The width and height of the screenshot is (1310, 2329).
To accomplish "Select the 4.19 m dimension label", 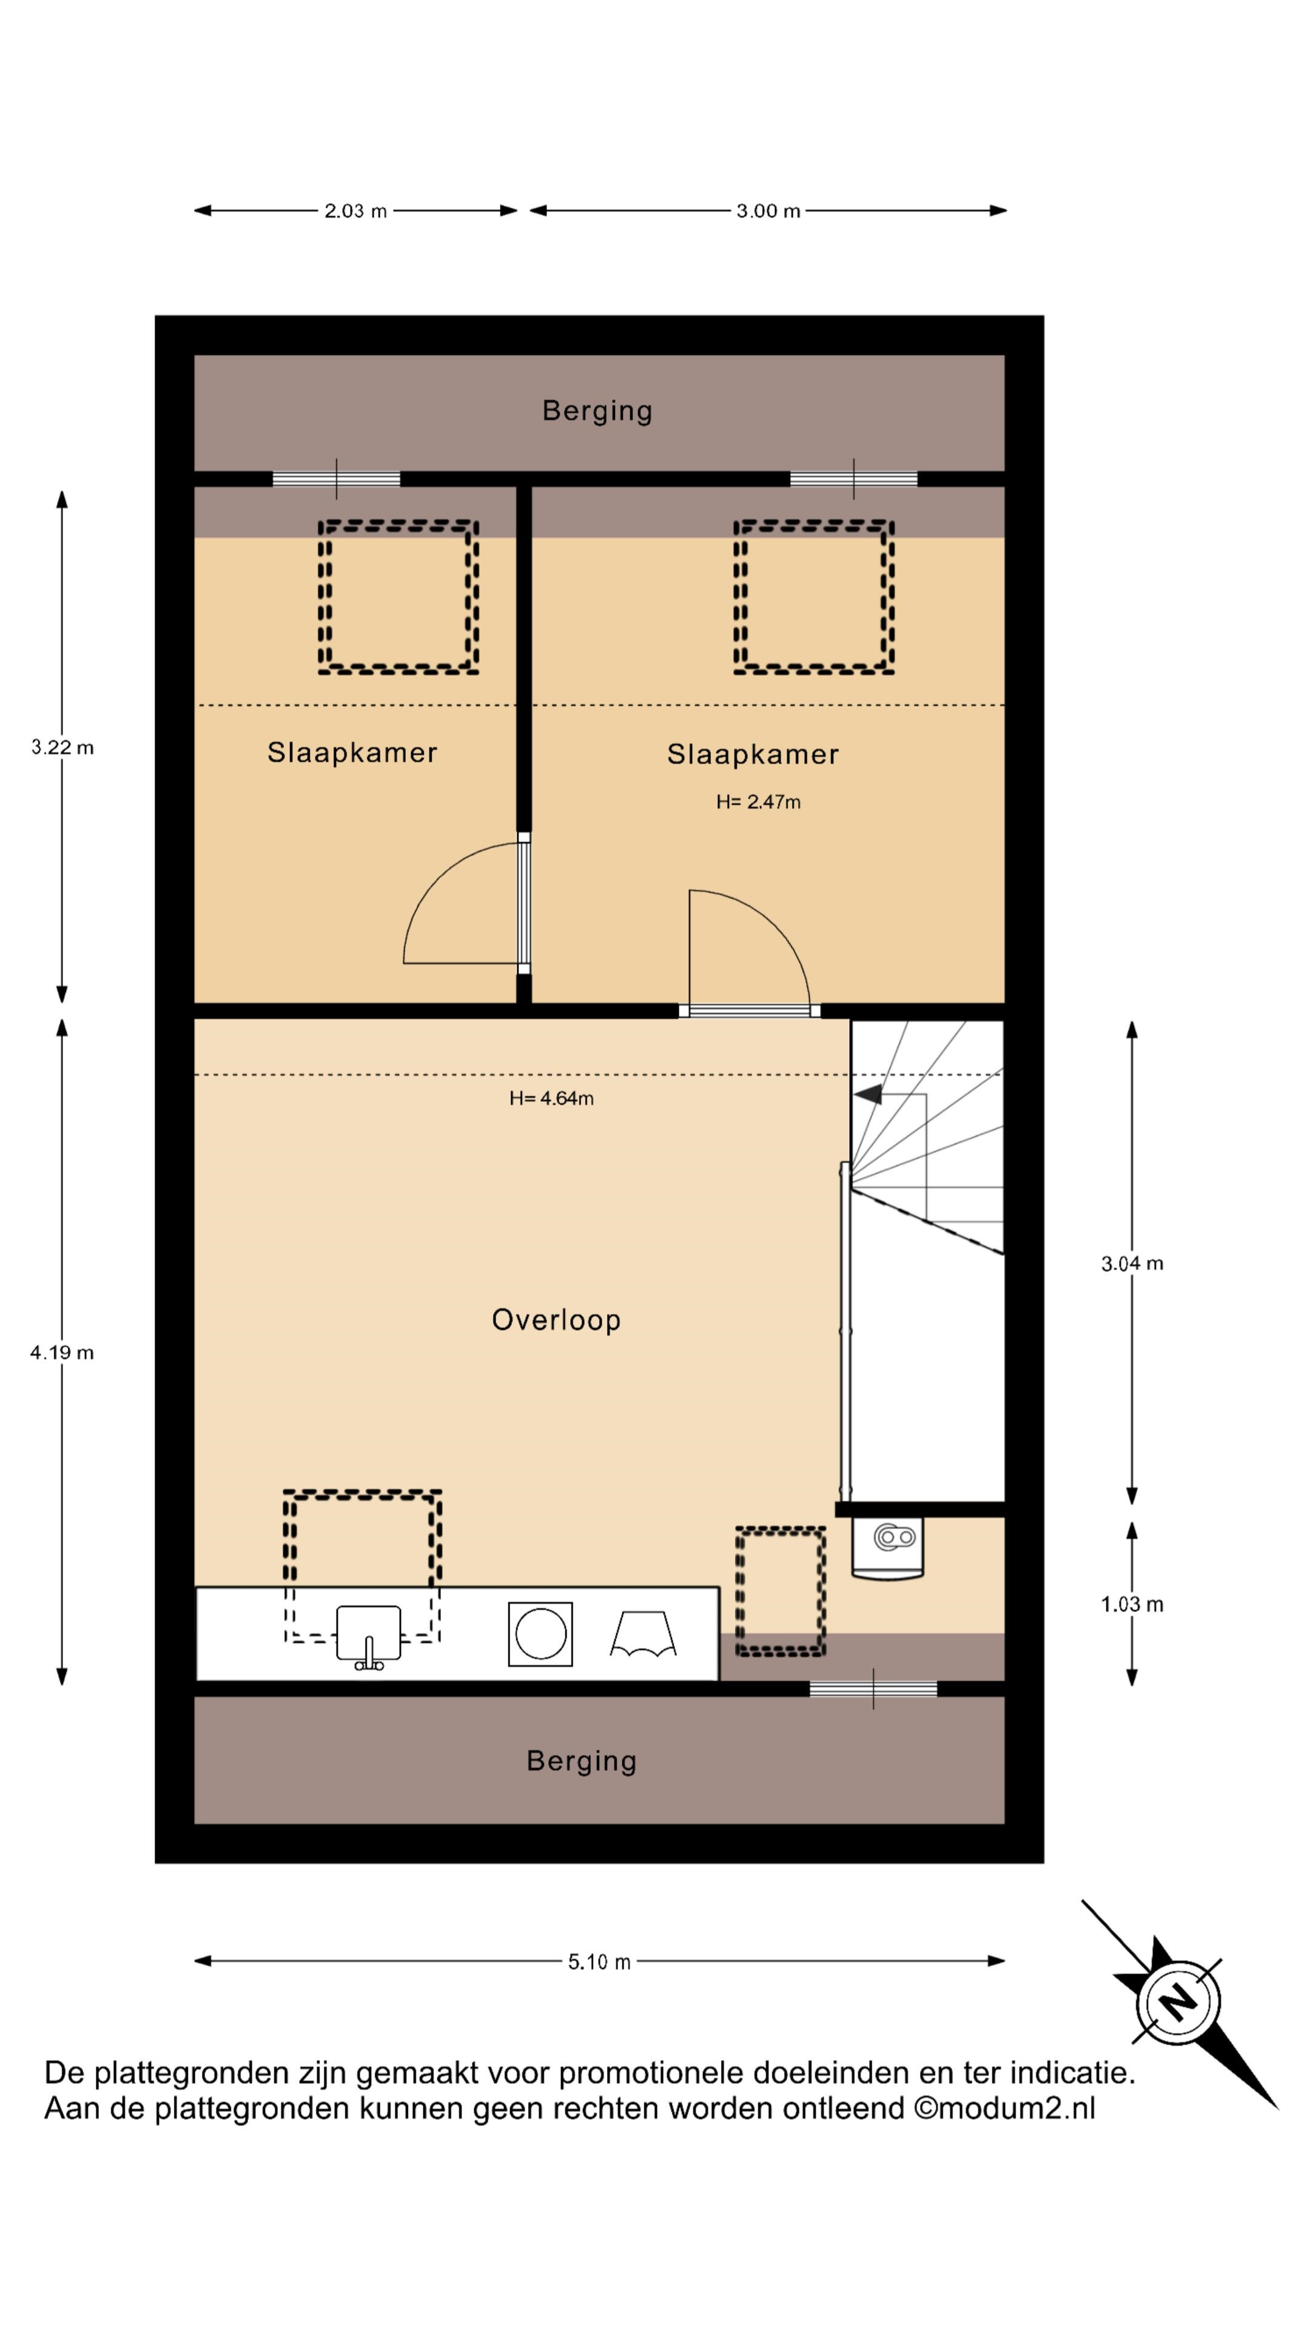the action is tap(62, 1353).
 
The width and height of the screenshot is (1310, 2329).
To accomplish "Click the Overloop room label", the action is tap(556, 1320).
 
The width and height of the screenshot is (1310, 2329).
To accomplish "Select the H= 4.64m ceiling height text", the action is tap(551, 1098).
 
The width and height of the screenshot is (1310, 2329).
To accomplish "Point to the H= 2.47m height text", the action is tap(759, 802).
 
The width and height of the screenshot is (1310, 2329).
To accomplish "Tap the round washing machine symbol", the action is tap(540, 1634).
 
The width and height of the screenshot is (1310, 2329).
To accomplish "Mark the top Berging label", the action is tap(597, 411).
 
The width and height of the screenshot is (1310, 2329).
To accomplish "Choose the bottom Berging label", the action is tap(582, 1761).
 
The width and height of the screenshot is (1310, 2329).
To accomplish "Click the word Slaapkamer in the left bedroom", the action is tap(352, 752).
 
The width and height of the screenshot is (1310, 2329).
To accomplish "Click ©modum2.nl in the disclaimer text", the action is tap(1004, 2108).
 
